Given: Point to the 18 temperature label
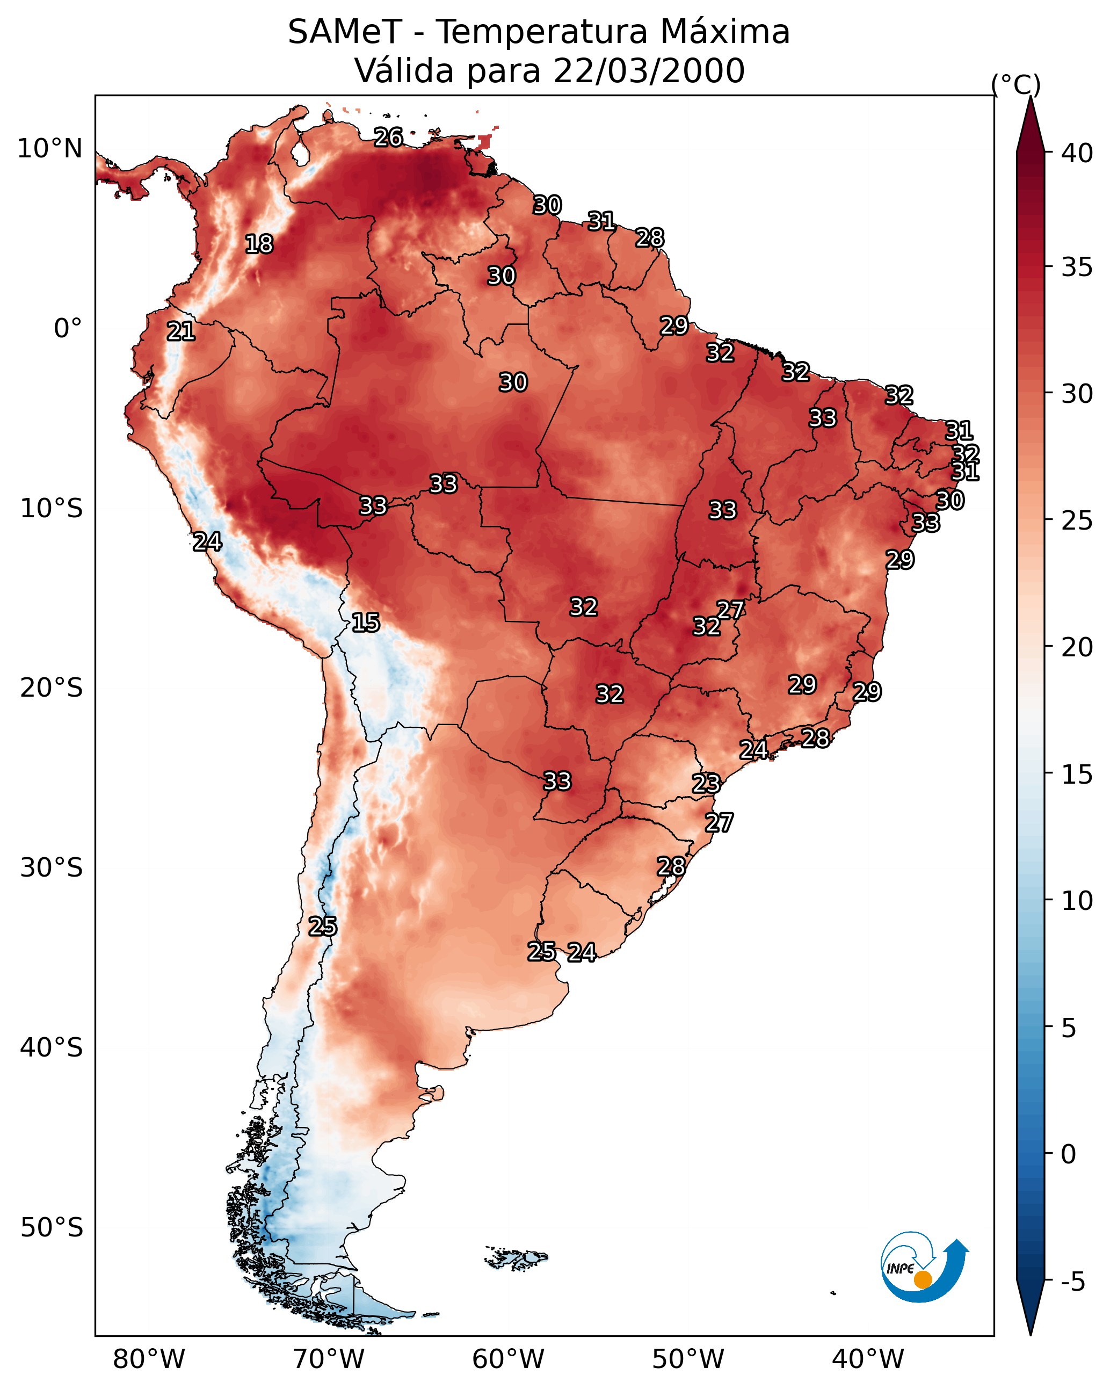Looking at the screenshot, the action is pyautogui.click(x=259, y=244).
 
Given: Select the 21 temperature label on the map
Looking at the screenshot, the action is pyautogui.click(x=181, y=332).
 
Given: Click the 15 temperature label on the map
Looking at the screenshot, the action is pyautogui.click(x=365, y=623).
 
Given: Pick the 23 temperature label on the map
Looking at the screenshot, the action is pyautogui.click(x=706, y=784).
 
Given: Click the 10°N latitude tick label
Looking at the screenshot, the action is pyautogui.click(x=49, y=149).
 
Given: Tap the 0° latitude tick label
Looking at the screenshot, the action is pyautogui.click(x=68, y=329).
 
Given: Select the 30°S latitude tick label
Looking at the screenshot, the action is pyautogui.click(x=52, y=868).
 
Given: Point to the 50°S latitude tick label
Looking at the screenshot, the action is pyautogui.click(x=52, y=1227).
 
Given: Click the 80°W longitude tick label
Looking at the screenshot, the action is pyautogui.click(x=149, y=1359).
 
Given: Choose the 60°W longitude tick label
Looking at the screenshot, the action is pyautogui.click(x=509, y=1359).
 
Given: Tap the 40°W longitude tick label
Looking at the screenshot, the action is pyautogui.click(x=868, y=1359).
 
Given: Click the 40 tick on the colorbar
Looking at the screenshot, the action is pyautogui.click(x=1077, y=153).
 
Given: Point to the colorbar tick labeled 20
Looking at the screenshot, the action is pyautogui.click(x=1077, y=647).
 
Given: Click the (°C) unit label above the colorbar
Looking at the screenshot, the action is pyautogui.click(x=1016, y=84).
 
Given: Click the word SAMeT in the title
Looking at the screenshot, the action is pyautogui.click(x=345, y=32).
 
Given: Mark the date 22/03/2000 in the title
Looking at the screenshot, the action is pyautogui.click(x=649, y=70).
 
